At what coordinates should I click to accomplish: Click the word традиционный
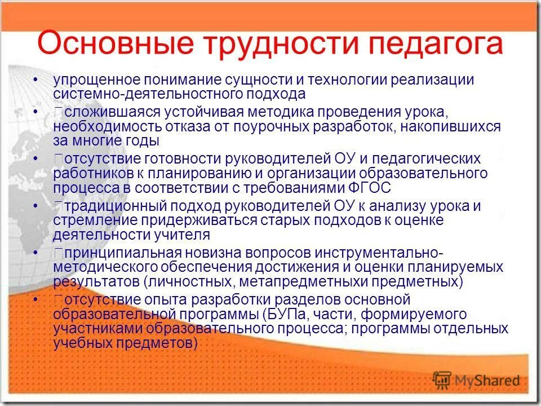107,206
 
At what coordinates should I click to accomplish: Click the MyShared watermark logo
476,380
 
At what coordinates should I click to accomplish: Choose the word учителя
183,234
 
